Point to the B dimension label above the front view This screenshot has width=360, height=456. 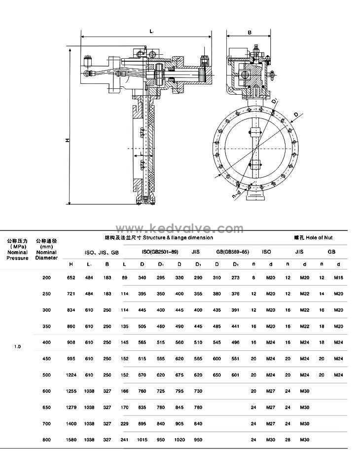[x=250, y=33]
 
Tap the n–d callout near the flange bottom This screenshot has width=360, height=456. [x=236, y=194]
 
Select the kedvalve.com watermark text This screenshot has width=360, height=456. [x=180, y=228]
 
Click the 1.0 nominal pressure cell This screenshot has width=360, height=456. [x=17, y=346]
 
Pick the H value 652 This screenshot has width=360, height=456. [x=71, y=278]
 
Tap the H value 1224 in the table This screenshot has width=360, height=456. [x=71, y=375]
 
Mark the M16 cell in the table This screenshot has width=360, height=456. [x=338, y=278]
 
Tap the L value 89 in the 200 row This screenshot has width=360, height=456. [x=124, y=278]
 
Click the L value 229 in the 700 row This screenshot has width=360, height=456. [x=124, y=423]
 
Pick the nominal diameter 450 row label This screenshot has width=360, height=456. [x=46, y=359]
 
